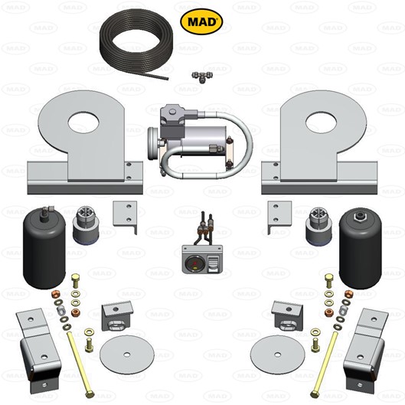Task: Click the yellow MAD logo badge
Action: pos(201,21)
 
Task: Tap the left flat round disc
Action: pos(126,353)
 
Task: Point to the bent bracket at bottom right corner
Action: pos(367,348)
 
